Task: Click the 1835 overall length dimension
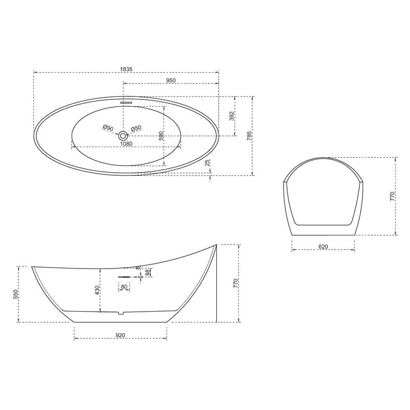pos(127,69)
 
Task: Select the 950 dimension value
pos(171,80)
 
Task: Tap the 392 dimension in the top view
pos(232,116)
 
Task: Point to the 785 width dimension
pos(249,136)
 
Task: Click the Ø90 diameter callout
pos(108,128)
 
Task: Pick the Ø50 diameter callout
pos(136,128)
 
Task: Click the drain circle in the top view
pos(122,136)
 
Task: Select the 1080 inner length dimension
pos(126,144)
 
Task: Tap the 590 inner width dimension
pos(161,136)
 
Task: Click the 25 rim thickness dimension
pos(208,163)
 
